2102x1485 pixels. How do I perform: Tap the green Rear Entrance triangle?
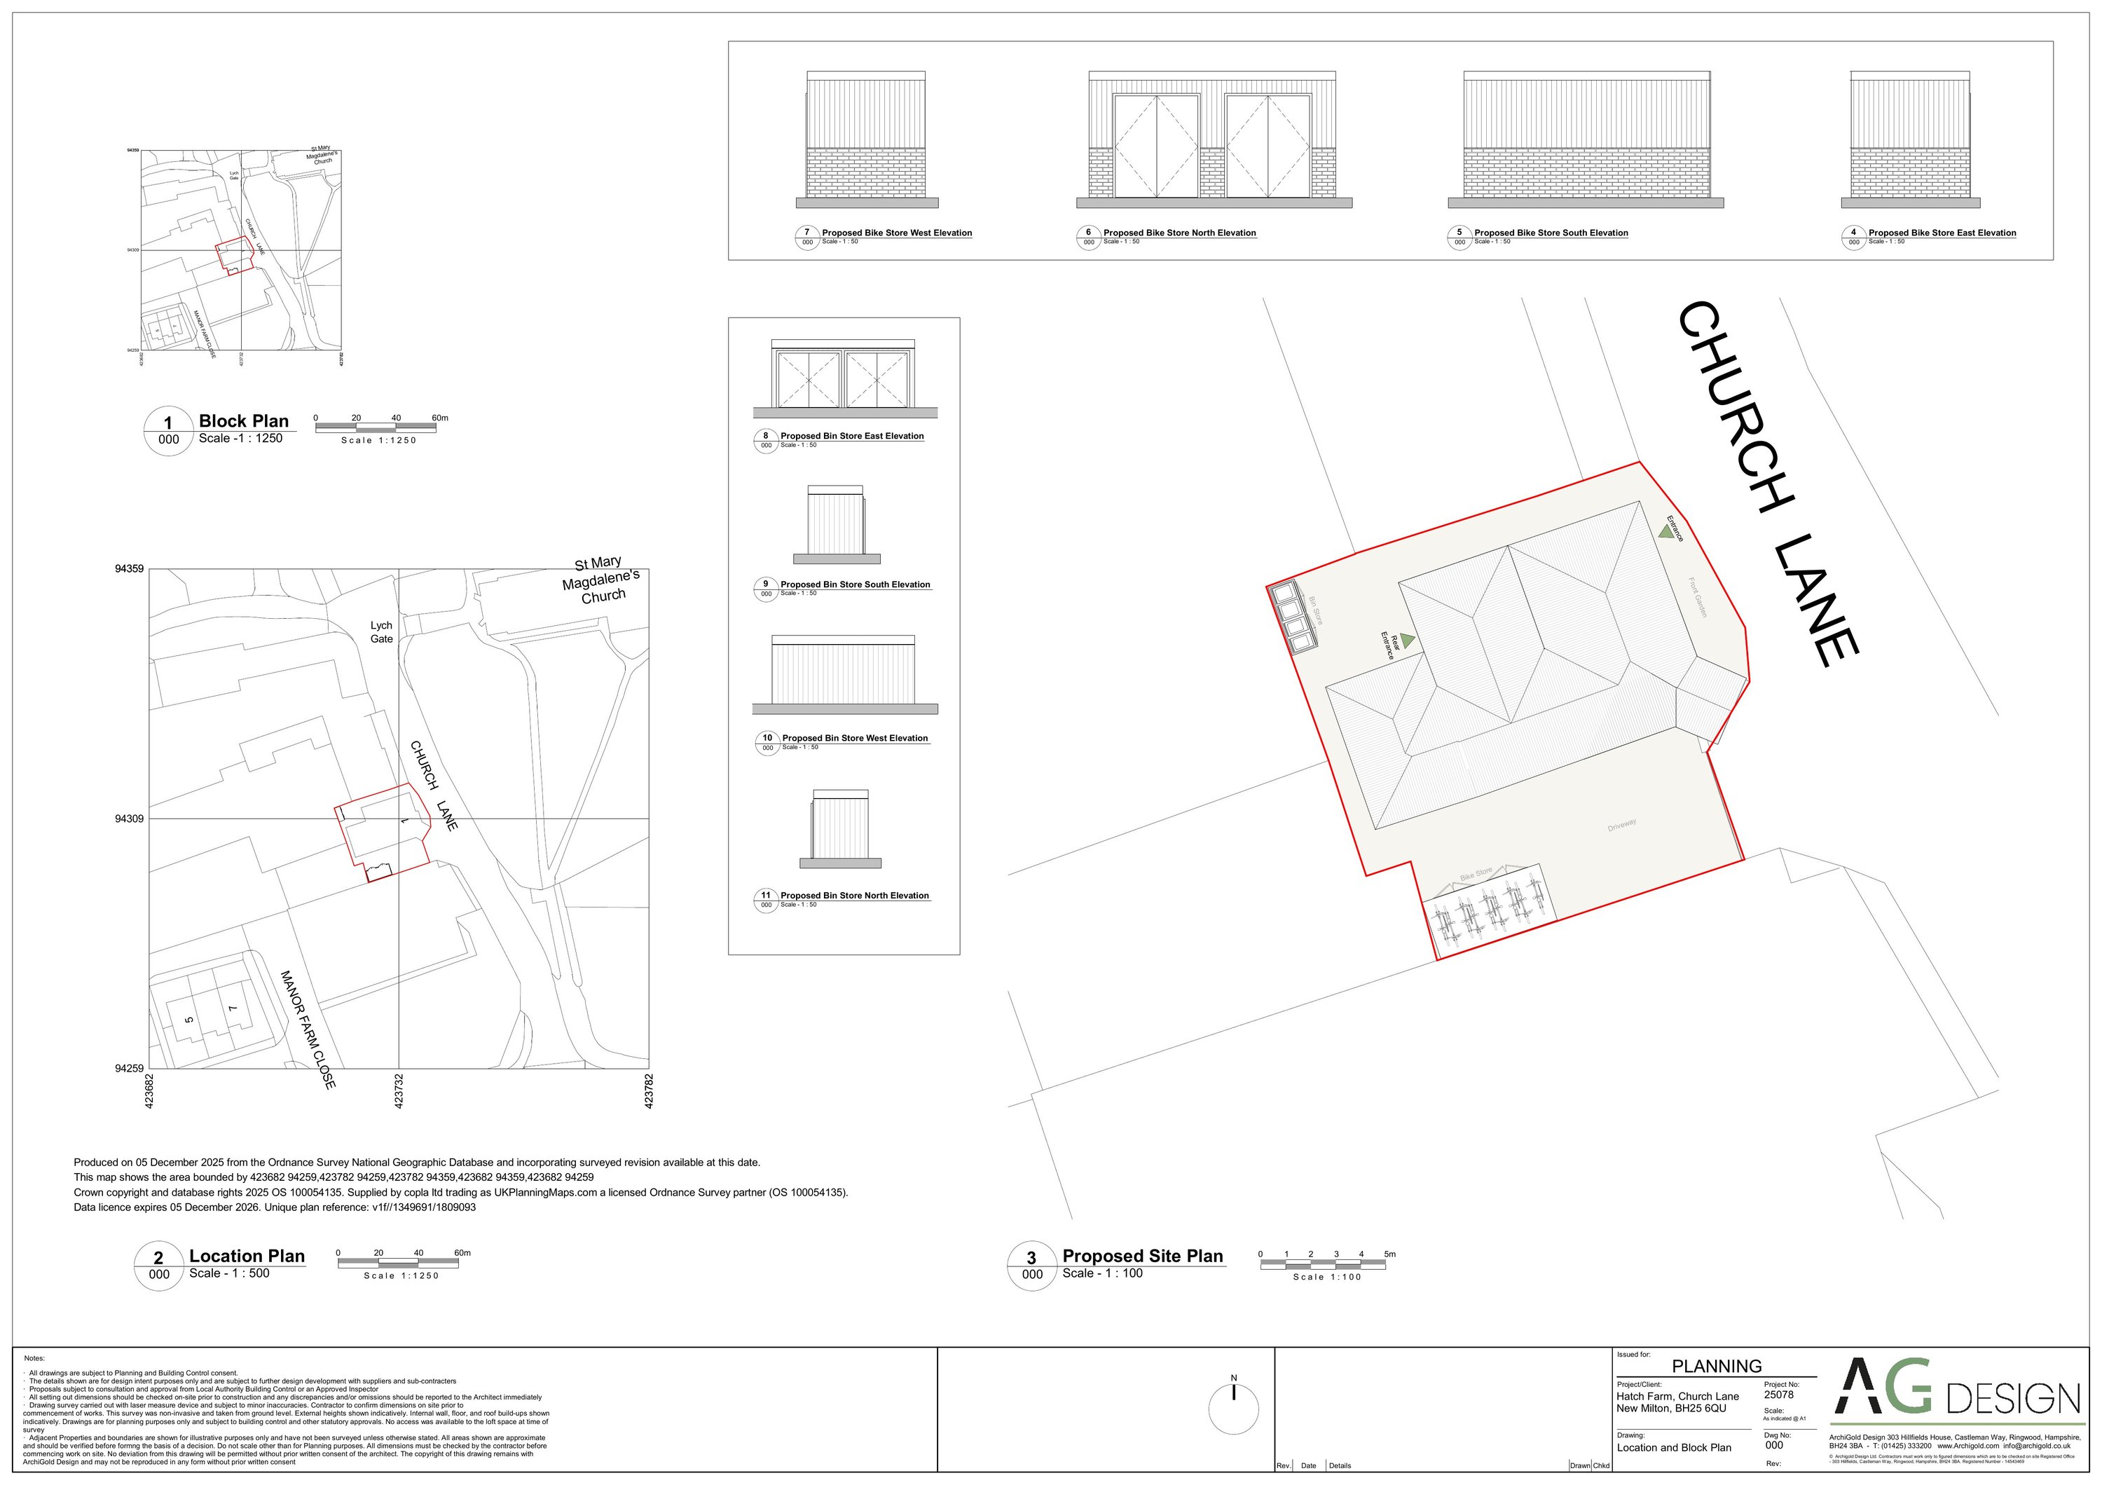[1407, 641]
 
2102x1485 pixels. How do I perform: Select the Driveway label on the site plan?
[1621, 825]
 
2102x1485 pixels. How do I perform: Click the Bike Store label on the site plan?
[1476, 875]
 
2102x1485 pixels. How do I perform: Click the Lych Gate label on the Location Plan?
[382, 631]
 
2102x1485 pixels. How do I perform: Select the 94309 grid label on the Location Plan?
[129, 819]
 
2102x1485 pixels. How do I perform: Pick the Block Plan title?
[244, 421]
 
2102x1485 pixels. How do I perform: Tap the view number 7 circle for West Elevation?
[806, 233]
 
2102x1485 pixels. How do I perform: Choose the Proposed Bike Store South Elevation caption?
[1551, 233]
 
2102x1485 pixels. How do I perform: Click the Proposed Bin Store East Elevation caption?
[851, 436]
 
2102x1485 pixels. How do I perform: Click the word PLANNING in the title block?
[1717, 1366]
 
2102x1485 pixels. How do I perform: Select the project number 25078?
[1779, 1395]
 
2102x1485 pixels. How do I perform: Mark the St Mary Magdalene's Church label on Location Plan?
[601, 580]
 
